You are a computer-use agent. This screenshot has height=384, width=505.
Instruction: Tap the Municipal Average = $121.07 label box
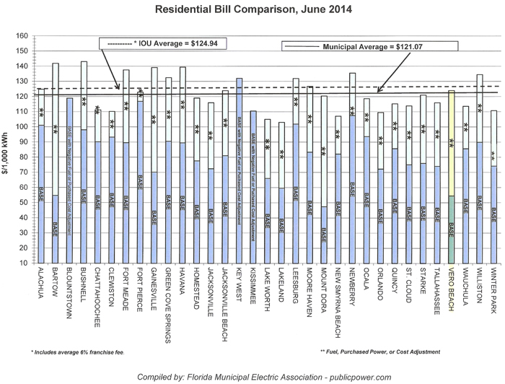369,46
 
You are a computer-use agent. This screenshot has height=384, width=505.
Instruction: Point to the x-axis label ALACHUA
42,286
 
